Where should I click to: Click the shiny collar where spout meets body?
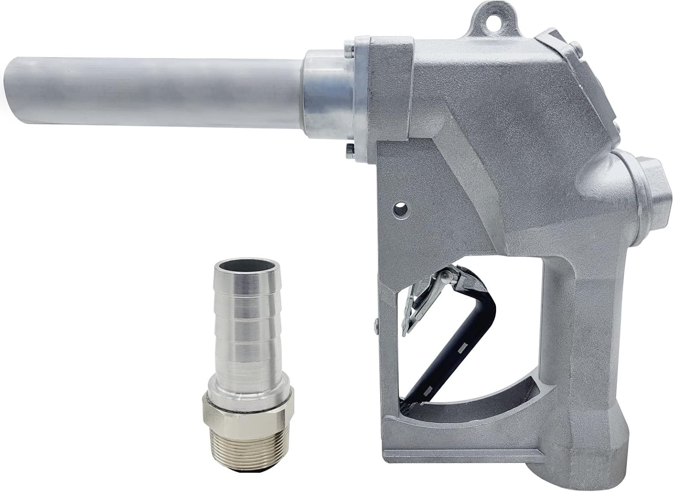click(x=324, y=99)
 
